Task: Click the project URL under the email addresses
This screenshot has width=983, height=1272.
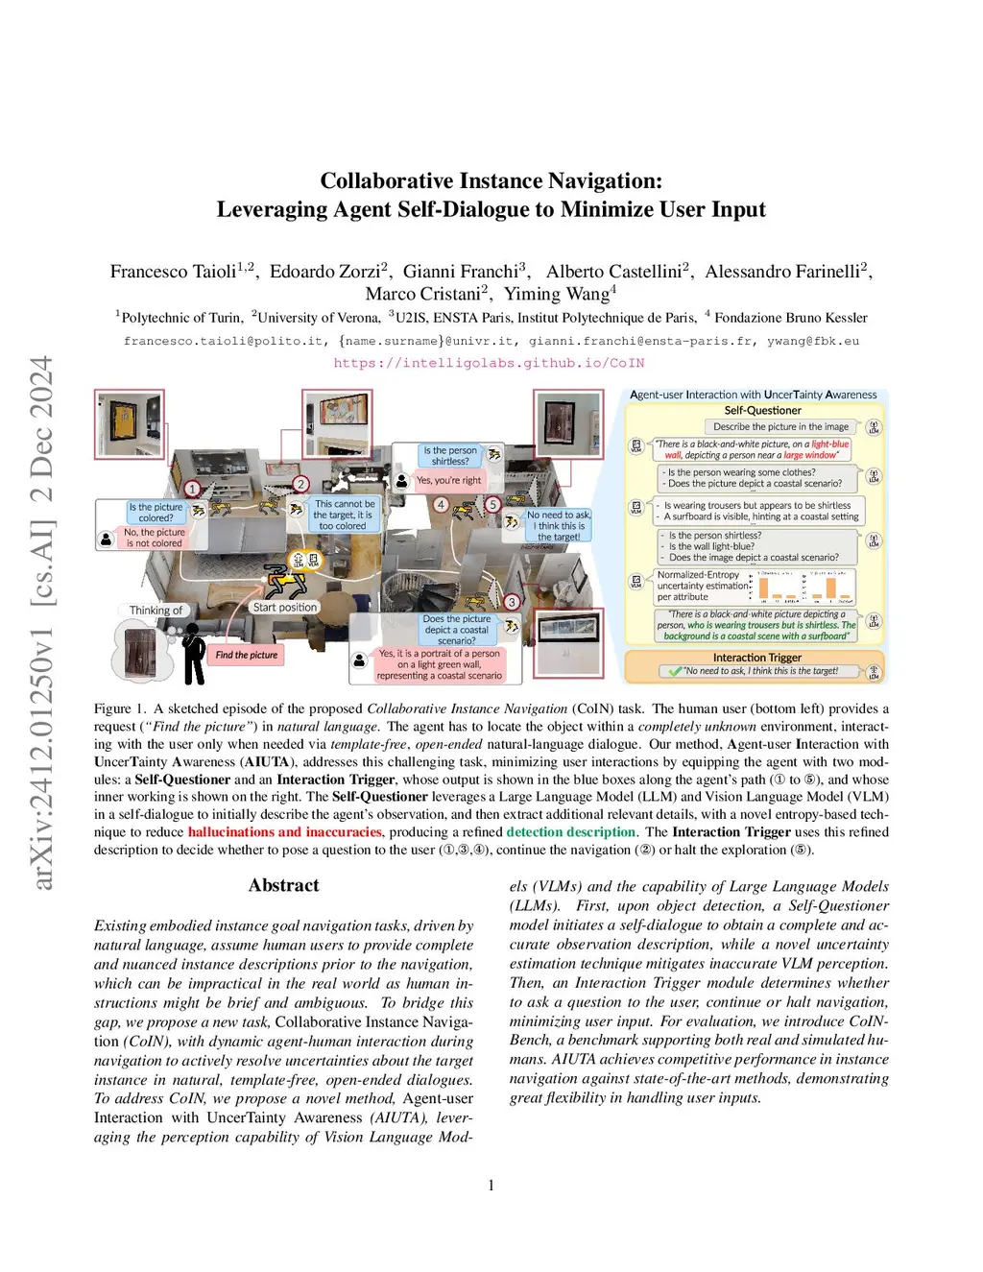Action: click(489, 363)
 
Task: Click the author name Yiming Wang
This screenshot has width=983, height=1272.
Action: click(558, 294)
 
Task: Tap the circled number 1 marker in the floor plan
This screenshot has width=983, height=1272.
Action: click(192, 489)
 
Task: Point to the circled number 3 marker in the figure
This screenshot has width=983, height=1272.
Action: click(512, 602)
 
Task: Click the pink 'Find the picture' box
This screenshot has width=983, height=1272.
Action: click(246, 655)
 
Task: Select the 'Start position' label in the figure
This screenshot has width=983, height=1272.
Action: click(284, 608)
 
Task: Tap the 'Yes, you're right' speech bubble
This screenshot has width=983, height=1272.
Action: click(448, 480)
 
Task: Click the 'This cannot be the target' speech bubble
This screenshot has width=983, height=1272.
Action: click(345, 515)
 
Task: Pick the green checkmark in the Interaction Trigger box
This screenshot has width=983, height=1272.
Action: click(675, 672)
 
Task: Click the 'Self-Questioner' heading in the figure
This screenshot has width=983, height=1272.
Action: click(762, 410)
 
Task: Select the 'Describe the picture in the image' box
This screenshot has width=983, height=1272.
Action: click(780, 426)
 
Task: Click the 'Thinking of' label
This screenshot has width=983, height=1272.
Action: click(156, 611)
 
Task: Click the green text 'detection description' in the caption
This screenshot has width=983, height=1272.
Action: click(570, 832)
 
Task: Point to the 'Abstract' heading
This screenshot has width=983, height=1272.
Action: click(283, 885)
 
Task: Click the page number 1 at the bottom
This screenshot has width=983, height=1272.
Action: click(491, 1185)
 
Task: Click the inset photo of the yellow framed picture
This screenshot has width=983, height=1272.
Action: click(130, 422)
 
